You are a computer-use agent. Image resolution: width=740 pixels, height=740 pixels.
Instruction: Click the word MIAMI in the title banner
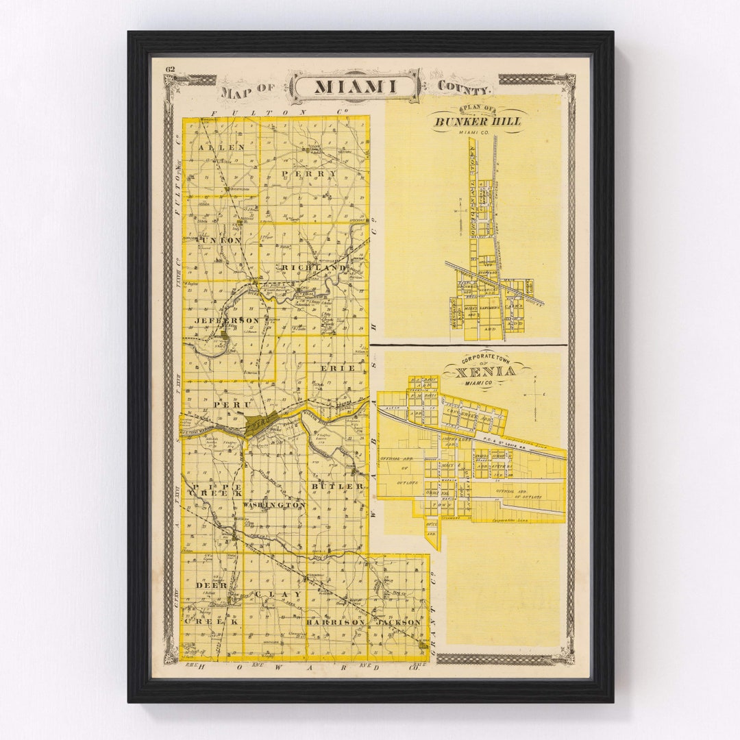coord(355,87)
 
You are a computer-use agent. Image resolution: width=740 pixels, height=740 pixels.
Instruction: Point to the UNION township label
coord(220,241)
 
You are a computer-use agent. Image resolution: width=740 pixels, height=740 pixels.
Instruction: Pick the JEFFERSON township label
coord(227,321)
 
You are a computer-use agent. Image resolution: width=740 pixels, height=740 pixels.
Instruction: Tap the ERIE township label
coord(338,368)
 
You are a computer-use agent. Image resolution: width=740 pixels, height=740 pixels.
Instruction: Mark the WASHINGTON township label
coord(274,504)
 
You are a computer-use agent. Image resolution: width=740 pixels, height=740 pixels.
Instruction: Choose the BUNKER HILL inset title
coord(477,121)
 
